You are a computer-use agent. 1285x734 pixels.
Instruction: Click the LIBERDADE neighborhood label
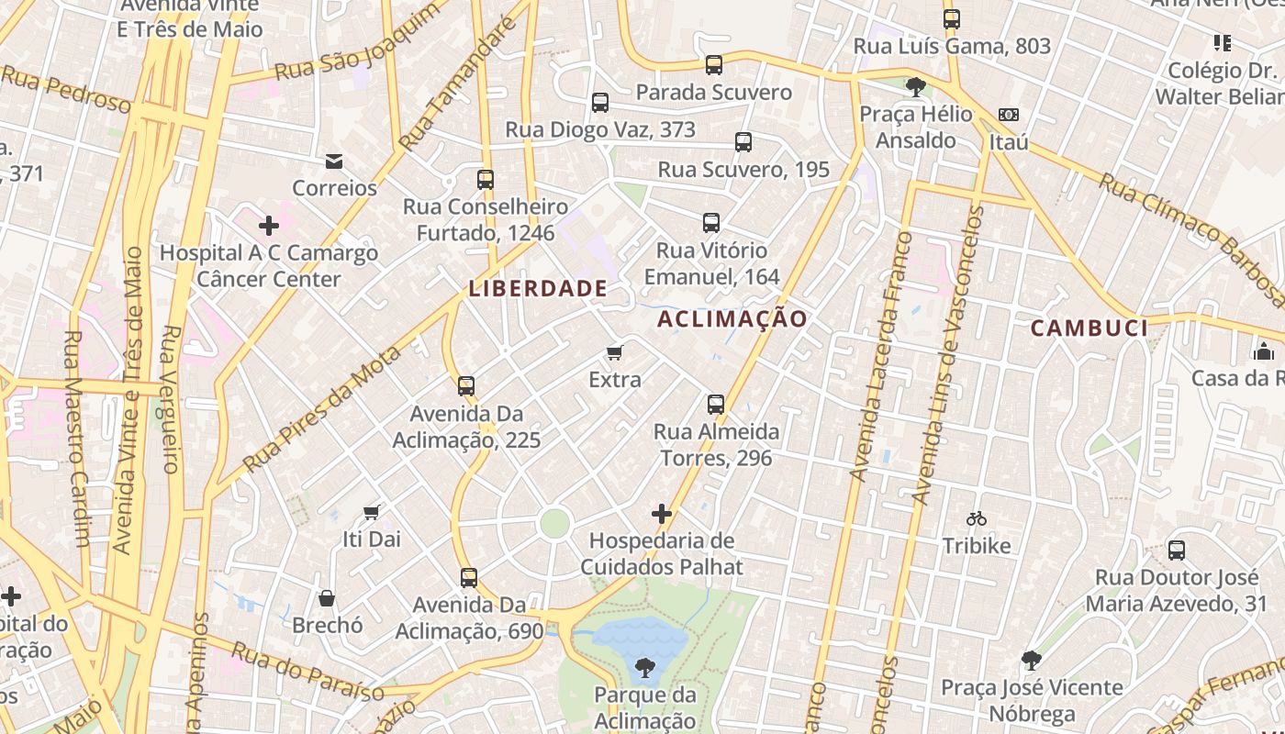[x=538, y=288]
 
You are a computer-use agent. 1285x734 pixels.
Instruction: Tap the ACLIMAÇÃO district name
[x=732, y=318]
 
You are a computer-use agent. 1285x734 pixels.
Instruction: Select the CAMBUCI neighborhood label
[x=1089, y=328]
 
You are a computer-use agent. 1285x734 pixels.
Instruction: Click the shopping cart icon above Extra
[x=615, y=352]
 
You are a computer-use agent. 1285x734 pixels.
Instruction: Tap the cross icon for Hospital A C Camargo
[x=269, y=225]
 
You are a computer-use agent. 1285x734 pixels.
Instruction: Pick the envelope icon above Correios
[x=334, y=161]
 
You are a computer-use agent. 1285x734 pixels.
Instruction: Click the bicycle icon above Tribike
[x=977, y=519]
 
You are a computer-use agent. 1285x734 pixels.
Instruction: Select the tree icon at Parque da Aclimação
[x=644, y=667]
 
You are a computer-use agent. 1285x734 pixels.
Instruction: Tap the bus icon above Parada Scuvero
[x=713, y=65]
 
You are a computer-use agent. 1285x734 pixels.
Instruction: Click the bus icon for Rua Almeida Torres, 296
[x=715, y=404]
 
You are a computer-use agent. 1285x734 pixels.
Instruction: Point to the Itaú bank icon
[x=1008, y=115]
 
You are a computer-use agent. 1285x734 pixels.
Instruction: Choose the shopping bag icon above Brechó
[x=327, y=598]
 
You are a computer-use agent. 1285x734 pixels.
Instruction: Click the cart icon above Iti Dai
[x=372, y=512]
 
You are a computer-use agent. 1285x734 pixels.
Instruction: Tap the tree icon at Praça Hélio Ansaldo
[x=915, y=86]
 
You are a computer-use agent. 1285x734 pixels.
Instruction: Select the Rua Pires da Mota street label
[x=323, y=409]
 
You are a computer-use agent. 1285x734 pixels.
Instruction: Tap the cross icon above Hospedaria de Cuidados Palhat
[x=661, y=514]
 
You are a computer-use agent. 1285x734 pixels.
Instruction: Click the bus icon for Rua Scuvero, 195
[x=743, y=142]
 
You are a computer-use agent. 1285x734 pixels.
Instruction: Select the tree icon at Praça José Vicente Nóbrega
[x=1032, y=660]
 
